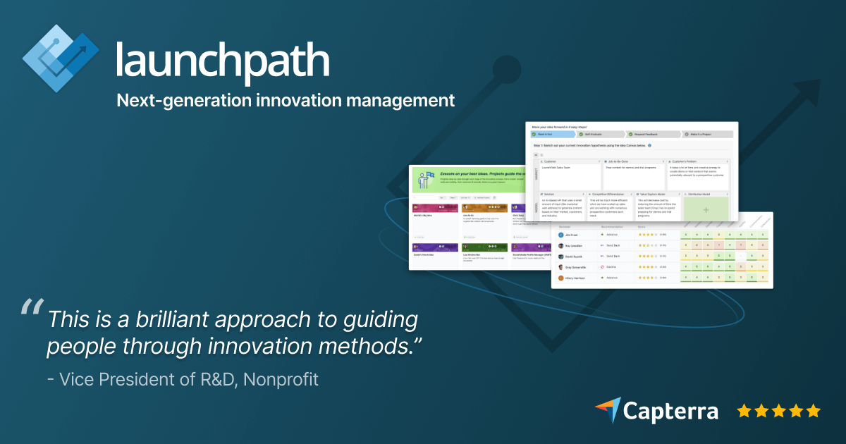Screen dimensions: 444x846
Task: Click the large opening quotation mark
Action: [x=32, y=307]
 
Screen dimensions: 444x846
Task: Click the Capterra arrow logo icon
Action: [x=607, y=409]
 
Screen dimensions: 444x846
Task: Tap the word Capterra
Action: [x=670, y=411]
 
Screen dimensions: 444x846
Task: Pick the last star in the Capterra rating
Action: [x=814, y=410]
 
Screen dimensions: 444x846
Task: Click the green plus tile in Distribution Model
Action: [x=706, y=210]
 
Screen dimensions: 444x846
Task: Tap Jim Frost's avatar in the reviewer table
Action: [x=562, y=235]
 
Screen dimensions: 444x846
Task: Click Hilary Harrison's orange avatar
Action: [x=562, y=278]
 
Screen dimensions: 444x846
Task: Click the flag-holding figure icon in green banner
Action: [x=425, y=180]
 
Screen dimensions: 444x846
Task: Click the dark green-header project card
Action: [x=484, y=247]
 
